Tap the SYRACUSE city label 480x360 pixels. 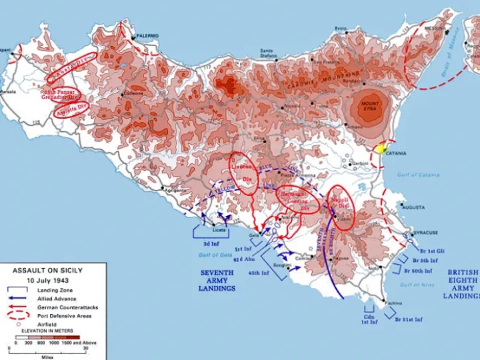click(x=425, y=233)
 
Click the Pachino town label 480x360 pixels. click(x=393, y=303)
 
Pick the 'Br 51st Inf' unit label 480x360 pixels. click(x=409, y=320)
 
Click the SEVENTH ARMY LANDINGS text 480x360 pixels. click(x=217, y=281)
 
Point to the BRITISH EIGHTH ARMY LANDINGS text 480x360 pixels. click(x=462, y=284)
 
